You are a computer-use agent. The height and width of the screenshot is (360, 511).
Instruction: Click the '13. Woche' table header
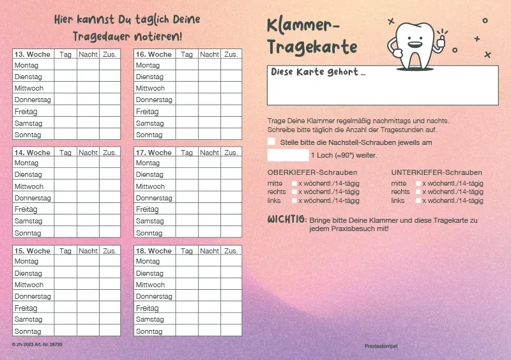pyautogui.click(x=33, y=54)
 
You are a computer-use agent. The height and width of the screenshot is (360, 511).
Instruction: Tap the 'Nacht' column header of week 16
pyautogui.click(x=210, y=54)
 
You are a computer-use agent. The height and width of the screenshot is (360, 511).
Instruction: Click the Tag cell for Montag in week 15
pyautogui.click(x=65, y=261)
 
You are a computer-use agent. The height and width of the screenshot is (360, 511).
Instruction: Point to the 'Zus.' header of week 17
pyautogui.click(x=231, y=153)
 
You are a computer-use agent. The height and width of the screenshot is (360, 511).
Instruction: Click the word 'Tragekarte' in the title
pyautogui.click(x=312, y=47)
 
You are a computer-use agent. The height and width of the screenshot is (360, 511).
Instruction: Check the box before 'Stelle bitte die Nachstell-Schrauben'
pyautogui.click(x=272, y=142)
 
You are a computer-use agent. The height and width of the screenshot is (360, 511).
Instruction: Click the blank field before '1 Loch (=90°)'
pyautogui.click(x=287, y=155)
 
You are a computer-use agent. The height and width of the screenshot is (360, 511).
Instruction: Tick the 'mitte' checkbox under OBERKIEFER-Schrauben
pyautogui.click(x=294, y=184)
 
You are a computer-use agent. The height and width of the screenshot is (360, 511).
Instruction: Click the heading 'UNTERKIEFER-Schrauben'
pyautogui.click(x=436, y=172)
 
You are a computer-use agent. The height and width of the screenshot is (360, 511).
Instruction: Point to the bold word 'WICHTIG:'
pyautogui.click(x=286, y=220)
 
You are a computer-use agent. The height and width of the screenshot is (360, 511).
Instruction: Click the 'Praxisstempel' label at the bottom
pyautogui.click(x=381, y=346)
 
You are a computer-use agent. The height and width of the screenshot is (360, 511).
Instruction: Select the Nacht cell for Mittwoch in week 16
pyautogui.click(x=210, y=88)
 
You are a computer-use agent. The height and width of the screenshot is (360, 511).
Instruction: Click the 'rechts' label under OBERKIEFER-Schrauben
pyautogui.click(x=276, y=192)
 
